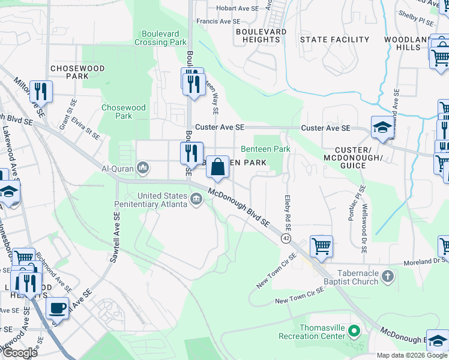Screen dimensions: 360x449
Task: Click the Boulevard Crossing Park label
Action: [x=160, y=38]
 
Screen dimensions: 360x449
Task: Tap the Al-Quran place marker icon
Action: [x=143, y=167]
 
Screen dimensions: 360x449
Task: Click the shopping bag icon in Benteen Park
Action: [x=217, y=166]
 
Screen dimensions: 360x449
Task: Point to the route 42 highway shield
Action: [x=286, y=238]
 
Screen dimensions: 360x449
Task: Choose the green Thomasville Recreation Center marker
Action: [x=354, y=331]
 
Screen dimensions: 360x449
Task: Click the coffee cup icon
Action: [x=57, y=308]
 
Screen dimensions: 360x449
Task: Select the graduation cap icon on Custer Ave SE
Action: [x=382, y=127]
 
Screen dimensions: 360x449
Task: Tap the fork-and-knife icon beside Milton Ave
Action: [x=41, y=92]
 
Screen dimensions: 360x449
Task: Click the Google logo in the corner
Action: [x=20, y=353]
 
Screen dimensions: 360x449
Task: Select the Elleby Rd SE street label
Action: [x=288, y=206]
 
